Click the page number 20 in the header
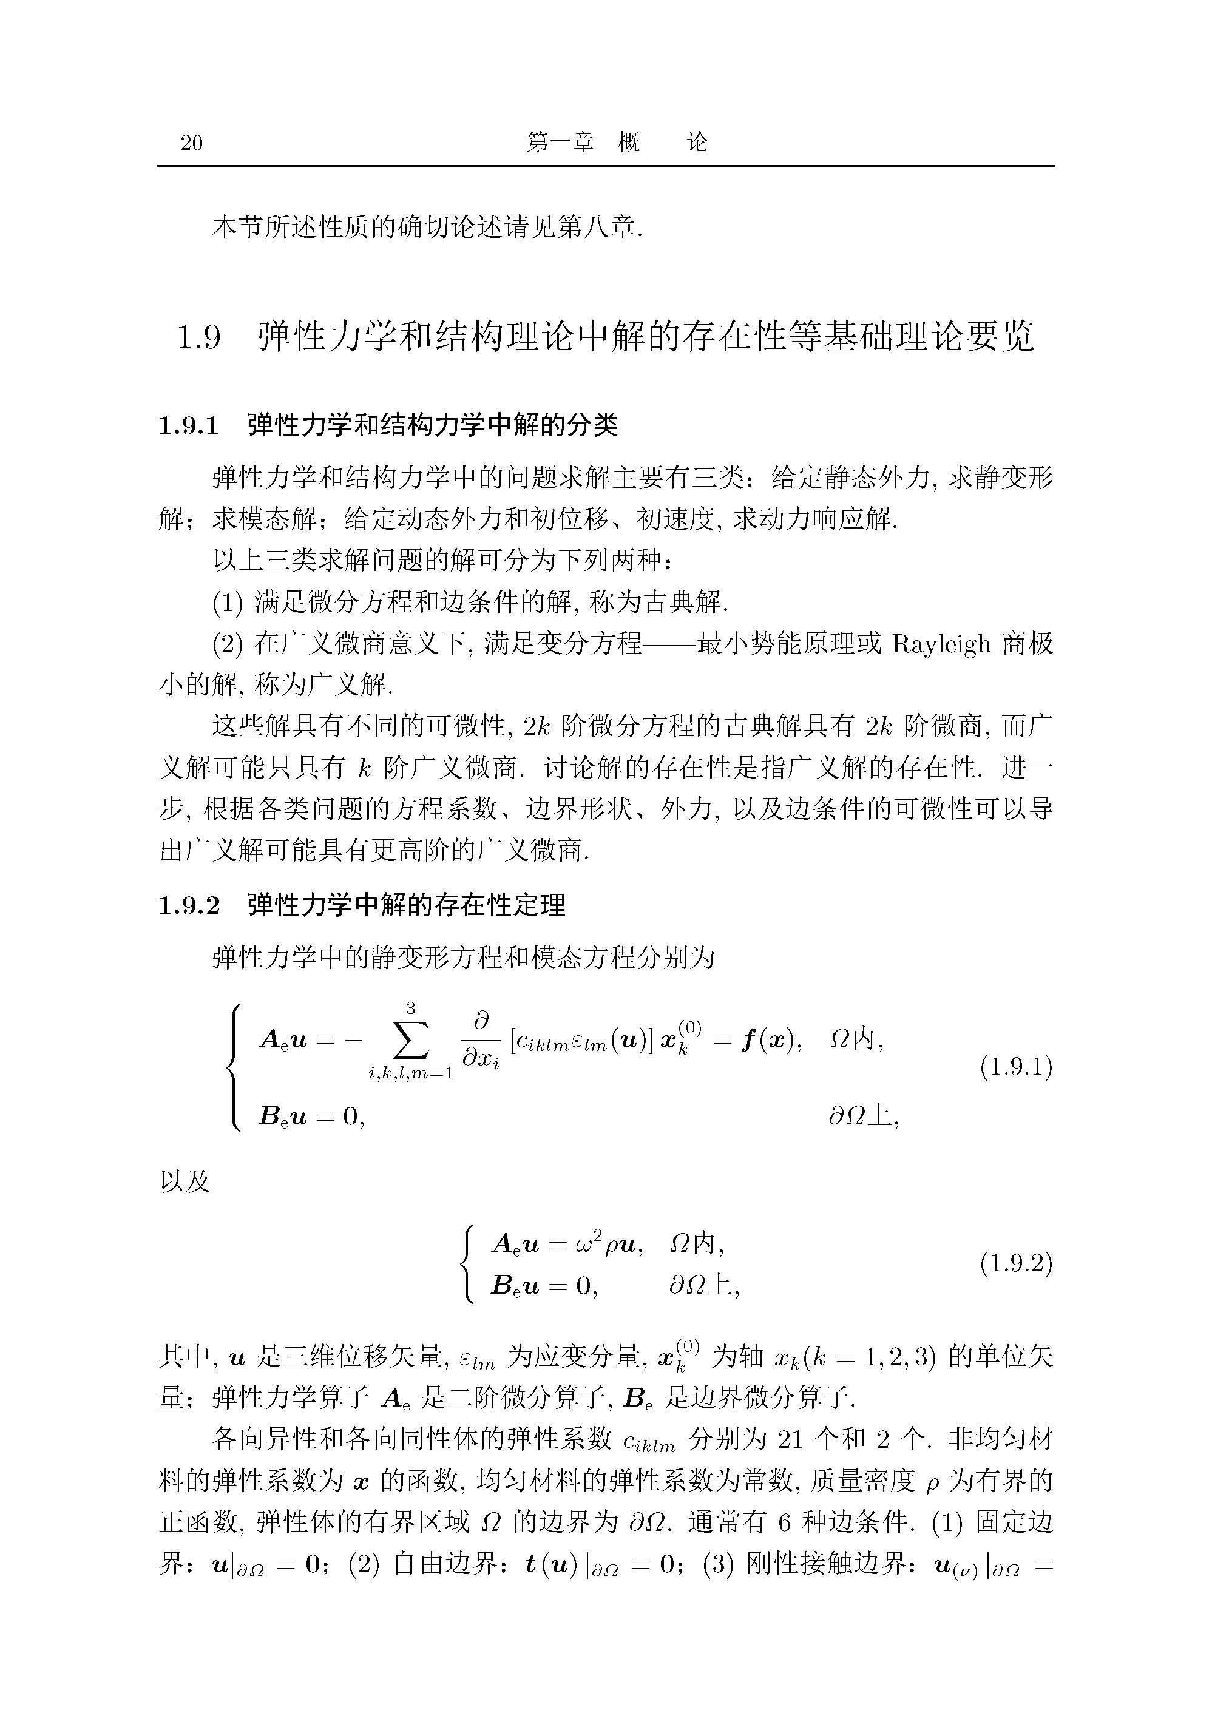point(192,143)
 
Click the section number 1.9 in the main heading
point(198,338)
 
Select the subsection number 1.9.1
point(189,426)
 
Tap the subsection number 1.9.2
point(189,906)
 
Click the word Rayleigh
point(941,643)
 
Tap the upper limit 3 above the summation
point(410,1008)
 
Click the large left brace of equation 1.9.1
point(237,1067)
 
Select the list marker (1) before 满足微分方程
point(228,602)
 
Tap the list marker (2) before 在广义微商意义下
point(228,643)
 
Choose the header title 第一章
point(560,142)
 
